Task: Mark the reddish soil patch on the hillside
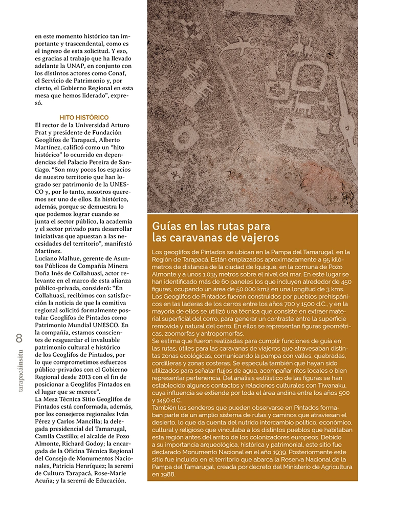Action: coord(302,177)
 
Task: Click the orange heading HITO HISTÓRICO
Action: coord(84,117)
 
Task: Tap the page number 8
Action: coord(19,338)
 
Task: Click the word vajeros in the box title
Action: coord(260,238)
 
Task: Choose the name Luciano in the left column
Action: coord(48,259)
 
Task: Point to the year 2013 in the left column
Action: coord(72,376)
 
